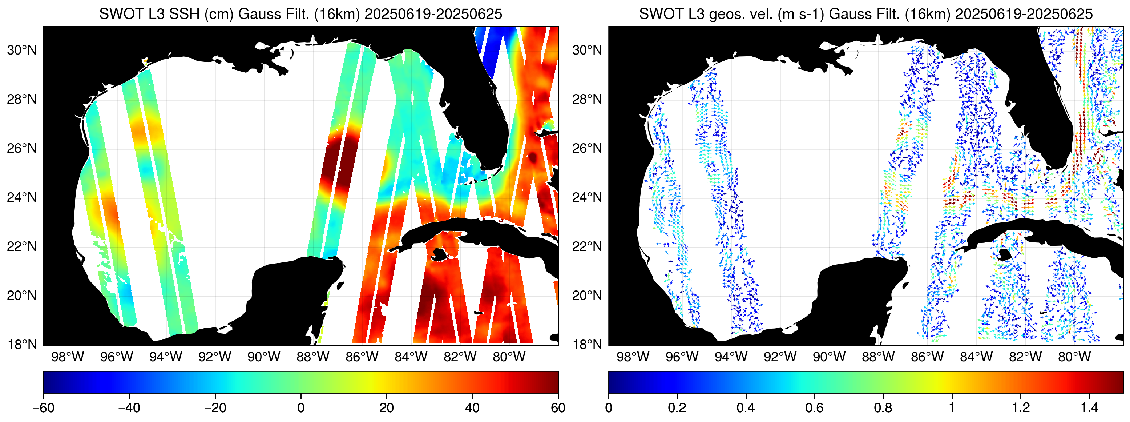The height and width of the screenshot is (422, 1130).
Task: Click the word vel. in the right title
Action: coord(758,14)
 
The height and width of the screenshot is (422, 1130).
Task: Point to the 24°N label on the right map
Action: coord(587,197)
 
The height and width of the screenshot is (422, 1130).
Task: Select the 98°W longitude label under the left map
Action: coord(68,357)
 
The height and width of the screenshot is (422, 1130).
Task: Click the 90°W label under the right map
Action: coord(829,357)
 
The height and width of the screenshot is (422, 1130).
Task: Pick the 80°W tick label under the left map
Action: coord(509,357)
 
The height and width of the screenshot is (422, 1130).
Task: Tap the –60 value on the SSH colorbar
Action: coord(44,408)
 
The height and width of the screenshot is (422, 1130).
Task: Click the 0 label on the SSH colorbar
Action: coord(300,408)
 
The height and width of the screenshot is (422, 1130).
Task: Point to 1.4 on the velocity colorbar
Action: coord(1089,408)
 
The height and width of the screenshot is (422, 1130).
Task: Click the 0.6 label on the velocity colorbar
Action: coord(814,408)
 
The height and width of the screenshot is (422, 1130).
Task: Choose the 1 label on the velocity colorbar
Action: coord(952,408)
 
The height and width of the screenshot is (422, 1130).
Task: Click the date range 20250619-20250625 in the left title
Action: coord(433,14)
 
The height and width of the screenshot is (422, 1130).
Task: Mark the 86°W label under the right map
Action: coord(927,357)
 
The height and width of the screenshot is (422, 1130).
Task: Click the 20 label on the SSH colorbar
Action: coord(386,408)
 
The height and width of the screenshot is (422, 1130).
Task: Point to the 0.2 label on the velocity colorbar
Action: coord(677,408)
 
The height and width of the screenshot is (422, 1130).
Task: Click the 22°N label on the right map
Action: coord(587,246)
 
